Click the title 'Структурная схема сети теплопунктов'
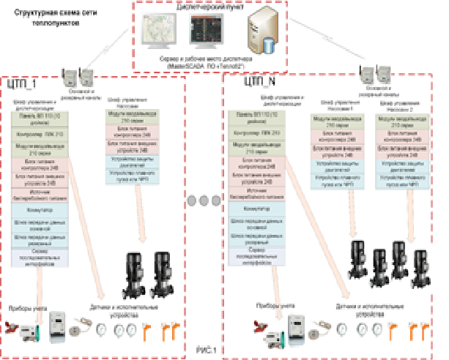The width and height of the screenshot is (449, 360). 45,18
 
